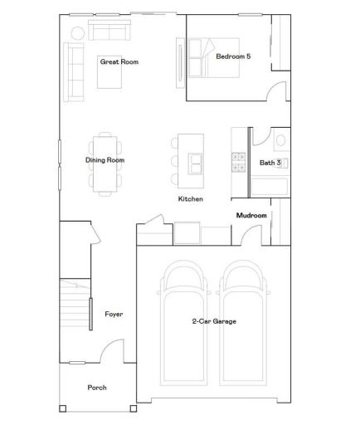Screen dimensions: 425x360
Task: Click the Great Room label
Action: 119,61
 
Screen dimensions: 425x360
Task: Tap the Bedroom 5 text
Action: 233,56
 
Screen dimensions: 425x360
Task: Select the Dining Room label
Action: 105,160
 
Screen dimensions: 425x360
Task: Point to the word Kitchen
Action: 191,199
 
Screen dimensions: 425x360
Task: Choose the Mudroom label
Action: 251,216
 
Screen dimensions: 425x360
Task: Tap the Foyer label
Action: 114,314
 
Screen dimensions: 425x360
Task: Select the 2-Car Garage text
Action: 213,321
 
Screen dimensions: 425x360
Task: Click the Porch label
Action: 97,387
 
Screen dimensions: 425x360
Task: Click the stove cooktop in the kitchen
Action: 238,161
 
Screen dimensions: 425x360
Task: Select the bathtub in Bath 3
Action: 269,187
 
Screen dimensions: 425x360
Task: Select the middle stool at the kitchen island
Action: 175,161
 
